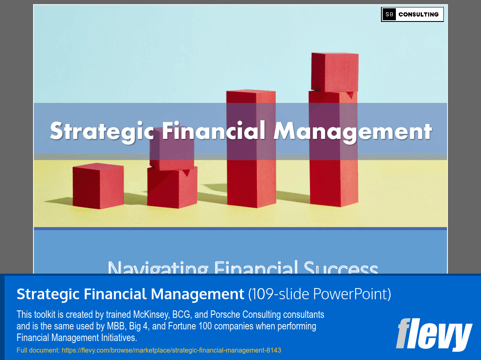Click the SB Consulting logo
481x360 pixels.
(x=412, y=14)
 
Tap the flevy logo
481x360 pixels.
(x=434, y=334)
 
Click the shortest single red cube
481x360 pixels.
(x=98, y=186)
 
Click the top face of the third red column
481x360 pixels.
(x=251, y=92)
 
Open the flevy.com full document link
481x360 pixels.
(x=171, y=350)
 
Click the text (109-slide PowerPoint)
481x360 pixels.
(x=319, y=294)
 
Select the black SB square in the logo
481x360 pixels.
(x=389, y=14)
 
